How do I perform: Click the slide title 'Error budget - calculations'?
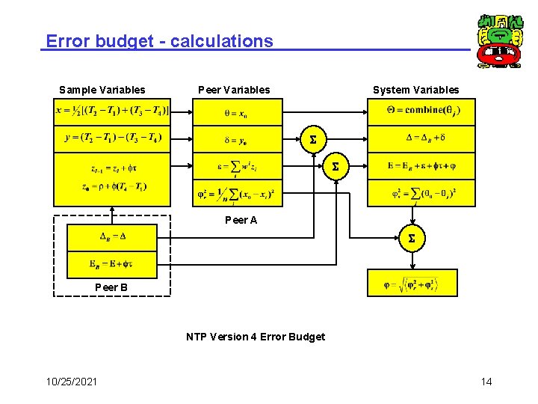click(159, 41)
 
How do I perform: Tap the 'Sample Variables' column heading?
click(102, 90)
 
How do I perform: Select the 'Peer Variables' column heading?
click(234, 90)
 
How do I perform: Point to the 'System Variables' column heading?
click(416, 90)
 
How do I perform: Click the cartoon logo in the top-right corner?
click(500, 41)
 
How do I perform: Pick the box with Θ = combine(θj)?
click(421, 111)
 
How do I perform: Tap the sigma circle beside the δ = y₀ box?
click(312, 139)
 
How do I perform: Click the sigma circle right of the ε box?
click(336, 166)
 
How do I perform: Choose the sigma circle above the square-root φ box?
click(411, 239)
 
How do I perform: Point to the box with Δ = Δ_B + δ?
click(421, 138)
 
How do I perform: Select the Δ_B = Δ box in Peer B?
click(112, 236)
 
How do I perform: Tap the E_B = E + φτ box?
click(112, 263)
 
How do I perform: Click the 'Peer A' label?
click(241, 220)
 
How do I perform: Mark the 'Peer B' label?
click(111, 287)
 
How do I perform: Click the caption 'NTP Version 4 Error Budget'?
click(256, 337)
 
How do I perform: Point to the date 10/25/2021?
click(71, 382)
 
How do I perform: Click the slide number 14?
click(486, 382)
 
